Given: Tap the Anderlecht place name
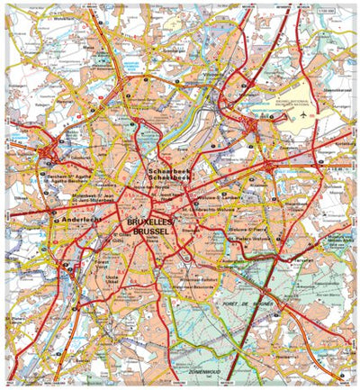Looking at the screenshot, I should pos(73,218).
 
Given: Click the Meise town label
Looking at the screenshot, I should pos(89,50).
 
